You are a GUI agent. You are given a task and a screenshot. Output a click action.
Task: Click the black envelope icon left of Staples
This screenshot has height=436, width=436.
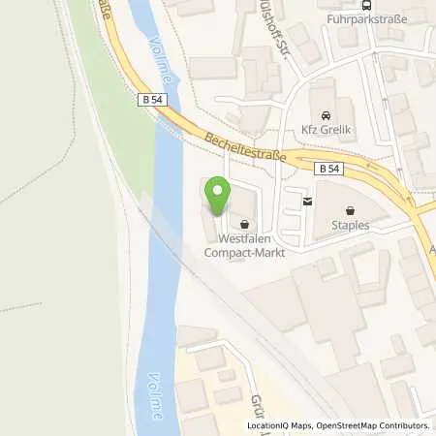click(x=307, y=202)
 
